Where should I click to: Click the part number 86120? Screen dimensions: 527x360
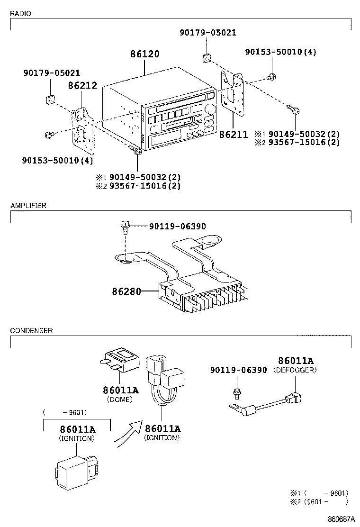click(145, 54)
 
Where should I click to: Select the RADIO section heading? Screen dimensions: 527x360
click(20, 14)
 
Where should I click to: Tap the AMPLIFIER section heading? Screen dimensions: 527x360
click(28, 206)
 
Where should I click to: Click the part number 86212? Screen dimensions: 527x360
click(82, 86)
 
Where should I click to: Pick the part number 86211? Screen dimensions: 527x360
click(234, 135)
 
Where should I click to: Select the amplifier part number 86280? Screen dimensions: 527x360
click(126, 291)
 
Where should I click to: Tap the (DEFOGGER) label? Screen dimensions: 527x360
click(295, 370)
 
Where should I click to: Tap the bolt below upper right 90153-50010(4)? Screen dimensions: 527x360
click(273, 76)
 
